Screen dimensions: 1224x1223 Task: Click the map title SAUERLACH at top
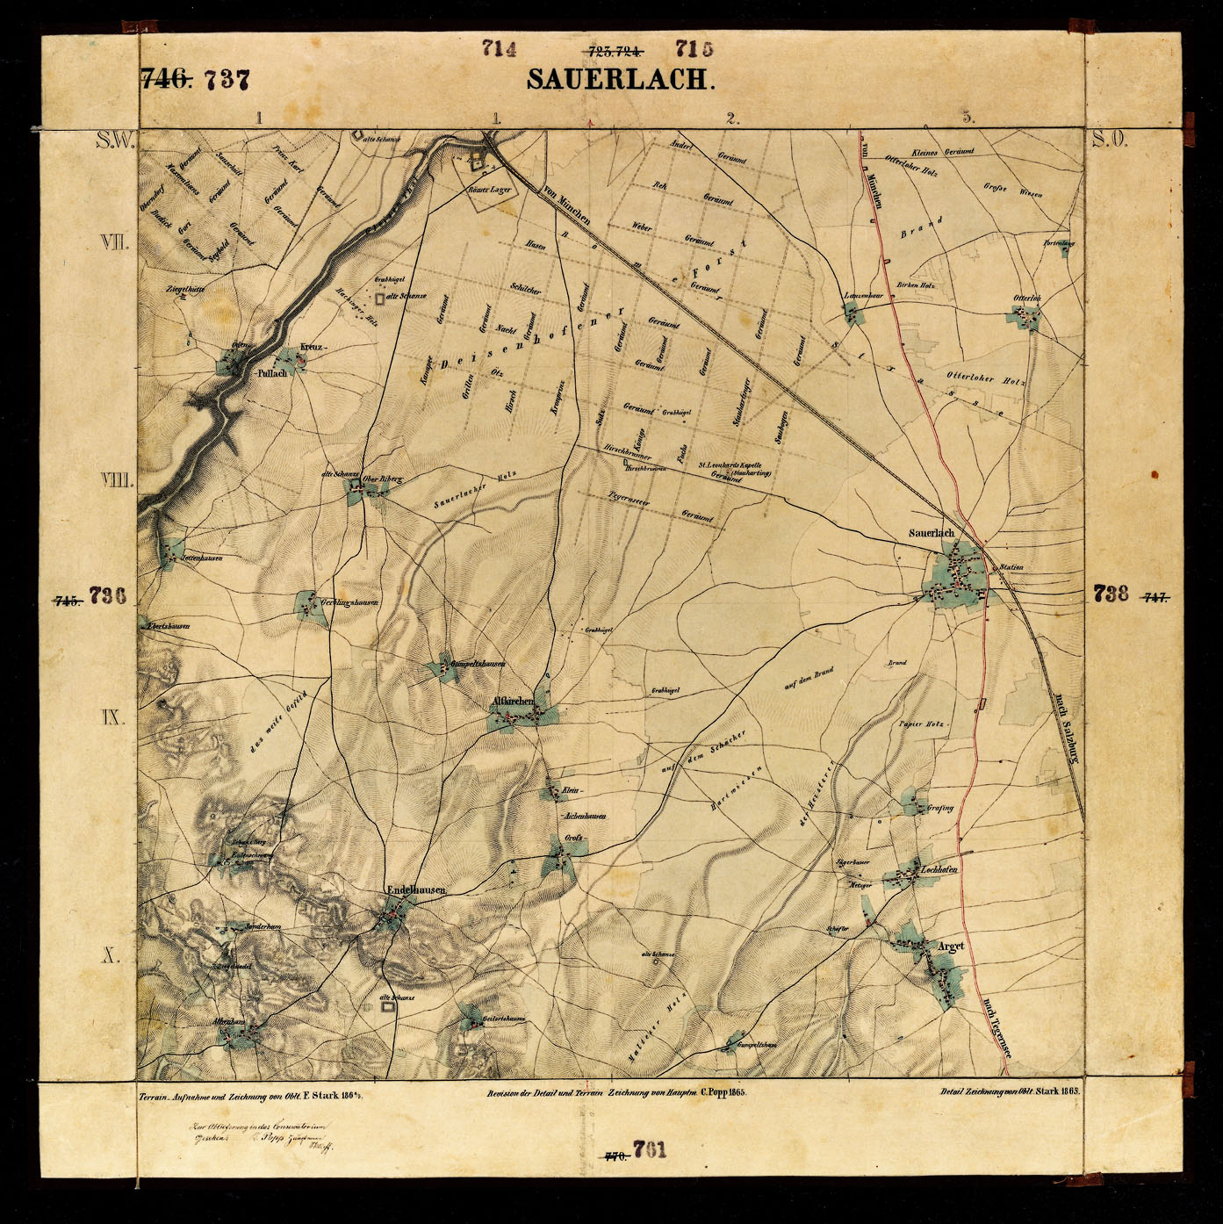[621, 79]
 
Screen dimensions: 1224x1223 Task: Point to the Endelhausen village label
[416, 889]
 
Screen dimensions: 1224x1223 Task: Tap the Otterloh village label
[1027, 299]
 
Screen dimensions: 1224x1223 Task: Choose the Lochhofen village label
[938, 870]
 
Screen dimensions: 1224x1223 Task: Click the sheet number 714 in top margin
[499, 49]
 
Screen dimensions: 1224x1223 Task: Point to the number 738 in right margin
[1111, 594]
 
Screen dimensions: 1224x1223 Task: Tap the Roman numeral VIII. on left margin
[116, 480]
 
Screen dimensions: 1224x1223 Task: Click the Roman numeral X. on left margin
[110, 956]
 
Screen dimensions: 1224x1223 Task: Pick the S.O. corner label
[1110, 139]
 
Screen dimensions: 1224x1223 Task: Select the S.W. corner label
[114, 139]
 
